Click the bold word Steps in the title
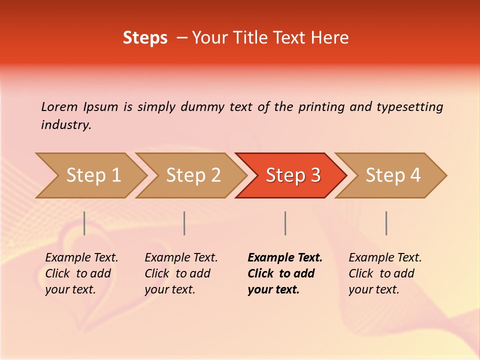coord(145,37)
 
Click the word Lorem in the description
coord(59,106)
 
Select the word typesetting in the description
coord(409,106)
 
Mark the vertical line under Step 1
coord(84,223)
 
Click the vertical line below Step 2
coord(184,223)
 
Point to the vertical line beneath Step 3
coord(285,223)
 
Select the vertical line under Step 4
coord(386,223)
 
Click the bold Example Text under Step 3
coord(285,273)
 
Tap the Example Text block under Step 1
coord(81,273)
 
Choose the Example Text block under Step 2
coord(181,273)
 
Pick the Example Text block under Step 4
coord(385,273)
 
